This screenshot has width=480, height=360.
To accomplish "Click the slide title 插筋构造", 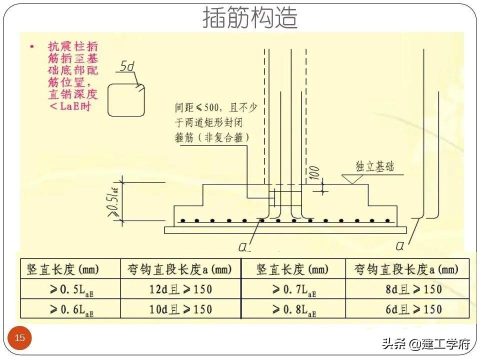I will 250,18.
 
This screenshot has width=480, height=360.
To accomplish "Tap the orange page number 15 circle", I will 19,338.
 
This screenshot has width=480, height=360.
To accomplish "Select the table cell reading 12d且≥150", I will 180,289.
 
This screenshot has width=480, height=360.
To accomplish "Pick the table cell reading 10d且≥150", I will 180,309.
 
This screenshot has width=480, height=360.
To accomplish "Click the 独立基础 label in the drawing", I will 374,166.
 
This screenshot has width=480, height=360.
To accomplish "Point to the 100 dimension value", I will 314,172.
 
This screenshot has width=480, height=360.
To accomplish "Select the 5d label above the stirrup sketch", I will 128,66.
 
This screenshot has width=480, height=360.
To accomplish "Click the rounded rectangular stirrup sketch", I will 126,99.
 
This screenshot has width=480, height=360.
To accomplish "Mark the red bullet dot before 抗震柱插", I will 32,46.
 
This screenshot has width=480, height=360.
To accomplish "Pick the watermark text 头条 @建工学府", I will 426,344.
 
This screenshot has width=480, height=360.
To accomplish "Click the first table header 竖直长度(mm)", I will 63,270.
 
